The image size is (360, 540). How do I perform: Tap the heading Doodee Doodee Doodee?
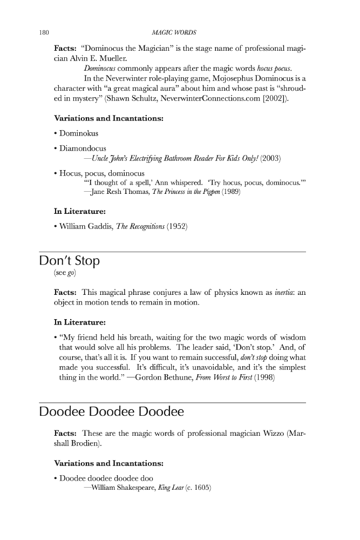[x=111, y=412]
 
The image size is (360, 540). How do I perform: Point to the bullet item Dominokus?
[x=79, y=132]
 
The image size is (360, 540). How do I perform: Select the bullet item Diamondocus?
[x=83, y=147]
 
